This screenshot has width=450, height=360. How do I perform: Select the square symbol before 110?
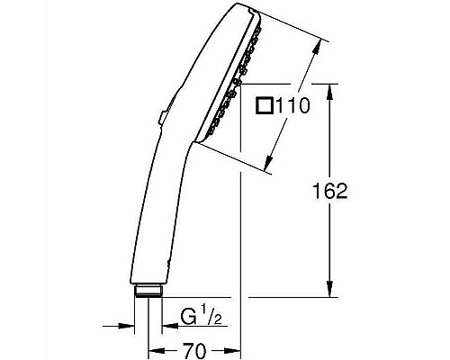(265, 106)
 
